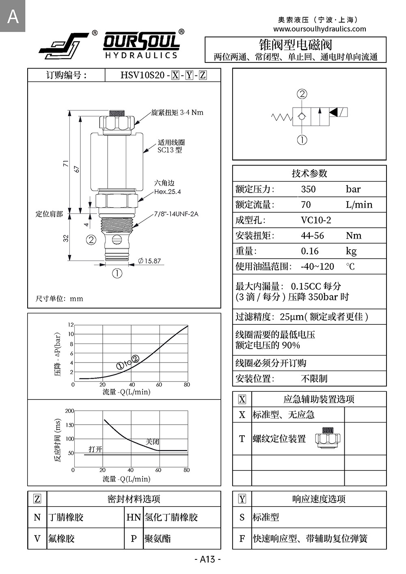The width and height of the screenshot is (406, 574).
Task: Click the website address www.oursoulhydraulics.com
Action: point(320,29)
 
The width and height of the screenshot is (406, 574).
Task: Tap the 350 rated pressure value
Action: point(308,189)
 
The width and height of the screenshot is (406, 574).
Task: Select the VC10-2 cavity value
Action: point(316,220)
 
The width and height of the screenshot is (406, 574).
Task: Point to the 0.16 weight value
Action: point(310,251)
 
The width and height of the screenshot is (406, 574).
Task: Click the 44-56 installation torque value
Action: point(312,236)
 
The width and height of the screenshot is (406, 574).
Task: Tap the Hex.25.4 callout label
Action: point(167,192)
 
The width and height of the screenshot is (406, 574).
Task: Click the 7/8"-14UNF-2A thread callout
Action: point(176,214)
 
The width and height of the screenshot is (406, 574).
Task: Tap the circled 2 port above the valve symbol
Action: point(302,94)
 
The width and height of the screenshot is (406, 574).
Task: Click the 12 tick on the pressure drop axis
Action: point(71,325)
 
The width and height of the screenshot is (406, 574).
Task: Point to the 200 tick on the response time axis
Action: point(69,411)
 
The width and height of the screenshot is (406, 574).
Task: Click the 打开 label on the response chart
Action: point(95,449)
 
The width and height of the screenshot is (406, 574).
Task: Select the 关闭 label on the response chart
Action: point(152,442)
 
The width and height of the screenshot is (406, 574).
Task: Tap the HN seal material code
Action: point(134,517)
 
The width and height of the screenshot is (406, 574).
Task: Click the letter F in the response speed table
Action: point(242,539)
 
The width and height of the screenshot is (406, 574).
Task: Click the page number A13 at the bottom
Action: point(207,559)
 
